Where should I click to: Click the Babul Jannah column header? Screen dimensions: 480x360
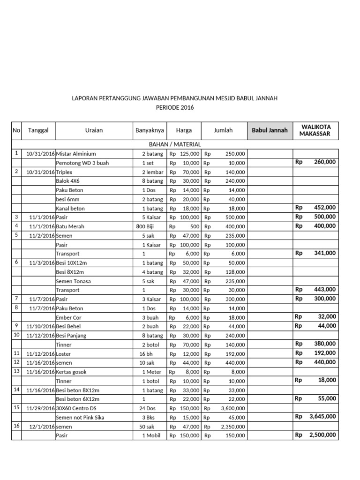(270, 130)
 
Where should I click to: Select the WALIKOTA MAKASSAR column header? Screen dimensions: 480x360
(315, 130)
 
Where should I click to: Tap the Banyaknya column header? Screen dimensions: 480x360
(149, 130)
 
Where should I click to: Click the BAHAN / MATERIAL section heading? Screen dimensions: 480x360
(175, 144)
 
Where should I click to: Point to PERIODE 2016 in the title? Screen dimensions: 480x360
(174, 107)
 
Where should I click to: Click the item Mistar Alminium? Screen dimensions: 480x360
(76, 154)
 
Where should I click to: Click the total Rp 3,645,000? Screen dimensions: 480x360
(315, 416)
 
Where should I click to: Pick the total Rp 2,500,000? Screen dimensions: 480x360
(315, 435)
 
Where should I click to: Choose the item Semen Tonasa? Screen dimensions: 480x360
(74, 281)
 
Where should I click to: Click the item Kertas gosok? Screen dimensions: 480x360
(71, 372)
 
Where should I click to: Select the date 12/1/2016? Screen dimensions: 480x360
(42, 427)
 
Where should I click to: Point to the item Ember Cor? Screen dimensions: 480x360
(69, 317)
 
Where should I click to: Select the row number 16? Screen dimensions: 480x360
(16, 426)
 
